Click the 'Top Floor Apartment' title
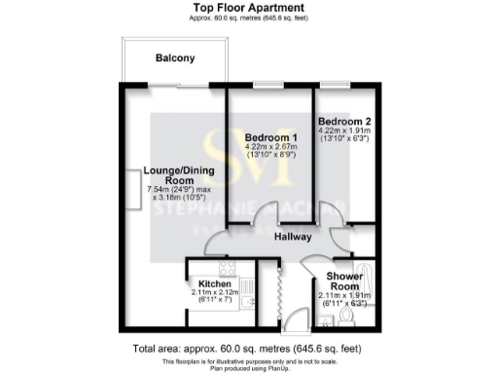(248, 8)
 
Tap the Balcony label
(176, 58)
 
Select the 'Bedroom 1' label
(269, 137)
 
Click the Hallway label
(292, 237)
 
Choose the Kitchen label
(214, 283)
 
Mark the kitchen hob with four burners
(227, 266)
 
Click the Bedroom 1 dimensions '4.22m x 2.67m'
(270, 148)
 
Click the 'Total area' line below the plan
(248, 349)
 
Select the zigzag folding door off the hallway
(275, 290)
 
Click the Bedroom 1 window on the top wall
(268, 85)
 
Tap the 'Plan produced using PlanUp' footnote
(248, 368)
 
